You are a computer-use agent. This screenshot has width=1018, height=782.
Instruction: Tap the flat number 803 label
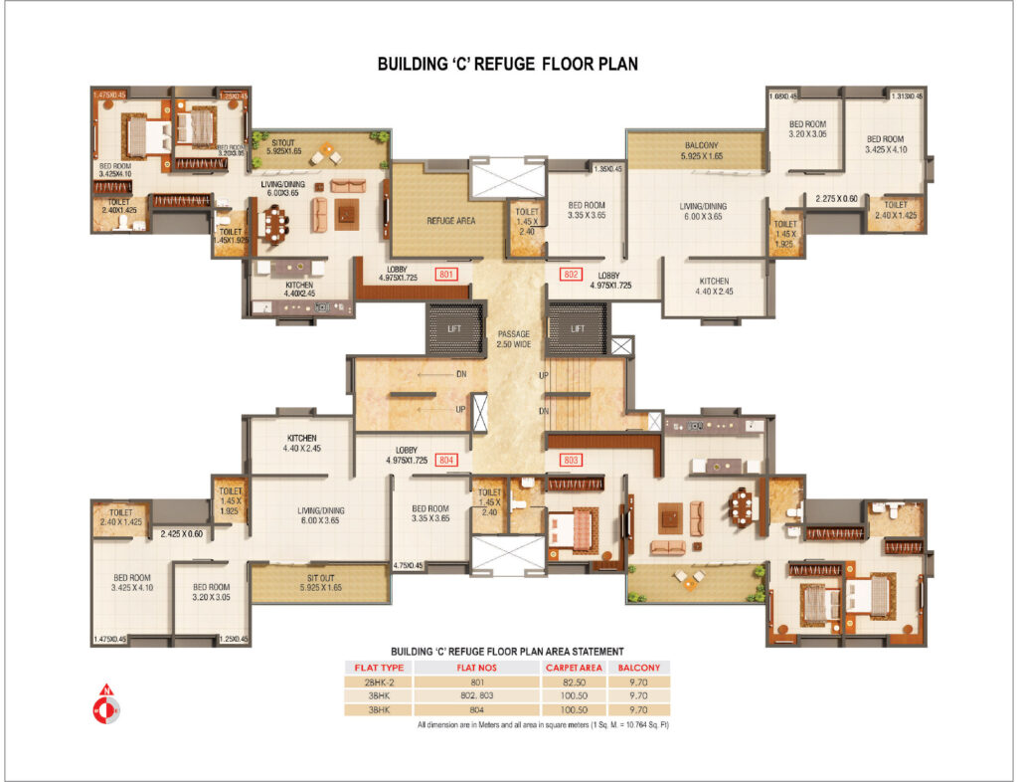coord(571,460)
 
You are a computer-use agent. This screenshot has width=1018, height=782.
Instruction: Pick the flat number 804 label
coord(446,460)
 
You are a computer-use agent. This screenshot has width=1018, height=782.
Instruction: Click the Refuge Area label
coord(447,221)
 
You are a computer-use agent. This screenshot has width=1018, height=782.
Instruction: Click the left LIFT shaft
coord(454,327)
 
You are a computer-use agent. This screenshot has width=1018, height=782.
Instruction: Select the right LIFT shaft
coord(574,327)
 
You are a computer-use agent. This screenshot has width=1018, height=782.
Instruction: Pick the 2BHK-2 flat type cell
coord(377,683)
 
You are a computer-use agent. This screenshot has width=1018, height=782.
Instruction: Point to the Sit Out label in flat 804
coord(320,582)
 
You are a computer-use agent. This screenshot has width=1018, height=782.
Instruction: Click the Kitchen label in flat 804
coord(301,443)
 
